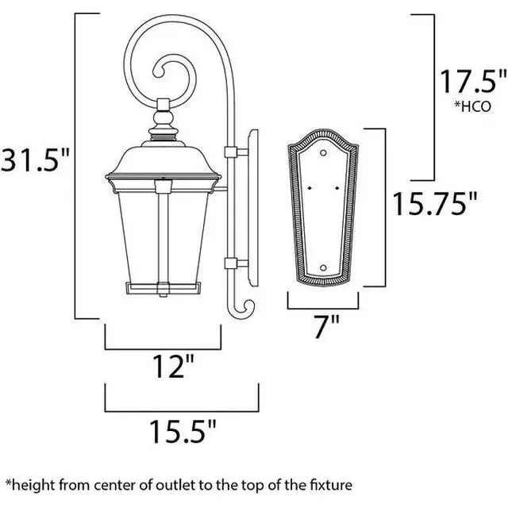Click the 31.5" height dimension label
click(x=35, y=160)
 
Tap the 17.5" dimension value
click(x=472, y=81)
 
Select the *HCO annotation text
click(x=473, y=106)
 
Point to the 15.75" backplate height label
click(x=435, y=204)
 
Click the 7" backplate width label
click(x=327, y=326)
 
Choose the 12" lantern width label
click(x=173, y=367)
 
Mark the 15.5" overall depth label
click(x=183, y=432)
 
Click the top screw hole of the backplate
click(x=323, y=152)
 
